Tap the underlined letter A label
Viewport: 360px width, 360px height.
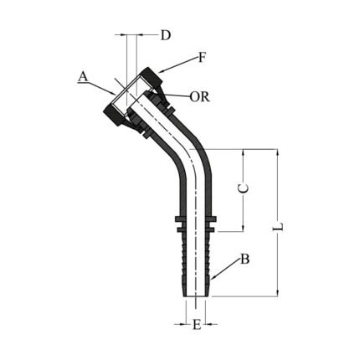[x=83, y=76]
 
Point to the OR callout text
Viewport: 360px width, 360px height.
[x=199, y=96]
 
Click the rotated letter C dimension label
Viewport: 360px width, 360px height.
[x=244, y=190]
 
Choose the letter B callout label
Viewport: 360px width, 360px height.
[x=244, y=260]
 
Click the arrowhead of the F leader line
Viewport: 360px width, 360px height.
[x=159, y=73]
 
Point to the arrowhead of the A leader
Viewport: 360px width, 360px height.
[x=119, y=92]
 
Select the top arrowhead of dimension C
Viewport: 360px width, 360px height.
[x=244, y=153]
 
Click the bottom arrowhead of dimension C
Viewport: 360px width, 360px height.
[x=244, y=228]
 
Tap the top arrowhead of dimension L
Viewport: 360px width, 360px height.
[x=279, y=153]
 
